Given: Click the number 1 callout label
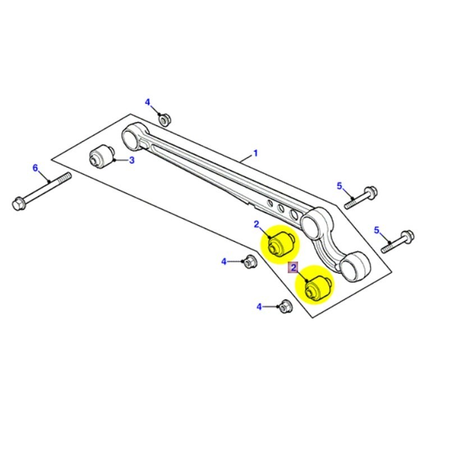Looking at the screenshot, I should (x=255, y=153).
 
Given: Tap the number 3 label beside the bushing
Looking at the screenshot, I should (x=132, y=161).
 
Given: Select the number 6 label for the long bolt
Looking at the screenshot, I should (x=35, y=168).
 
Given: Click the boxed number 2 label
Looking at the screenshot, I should (x=294, y=268).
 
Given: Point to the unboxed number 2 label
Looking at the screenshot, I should (x=256, y=224).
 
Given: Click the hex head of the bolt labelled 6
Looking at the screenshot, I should (x=17, y=203).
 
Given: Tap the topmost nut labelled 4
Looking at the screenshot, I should (x=164, y=119).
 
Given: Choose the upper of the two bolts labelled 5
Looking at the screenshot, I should (x=362, y=196).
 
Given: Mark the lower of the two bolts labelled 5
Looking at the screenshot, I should (x=400, y=239).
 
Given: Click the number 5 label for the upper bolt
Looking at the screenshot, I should (x=339, y=186).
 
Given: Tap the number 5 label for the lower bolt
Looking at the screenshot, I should (x=377, y=230).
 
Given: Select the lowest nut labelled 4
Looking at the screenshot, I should (x=285, y=307).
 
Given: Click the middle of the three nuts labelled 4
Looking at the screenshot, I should (x=250, y=261).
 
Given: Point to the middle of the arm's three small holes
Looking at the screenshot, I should (x=280, y=208).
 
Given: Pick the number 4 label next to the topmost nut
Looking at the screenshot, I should (x=148, y=102).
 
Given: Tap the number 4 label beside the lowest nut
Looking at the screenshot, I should (x=259, y=306).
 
